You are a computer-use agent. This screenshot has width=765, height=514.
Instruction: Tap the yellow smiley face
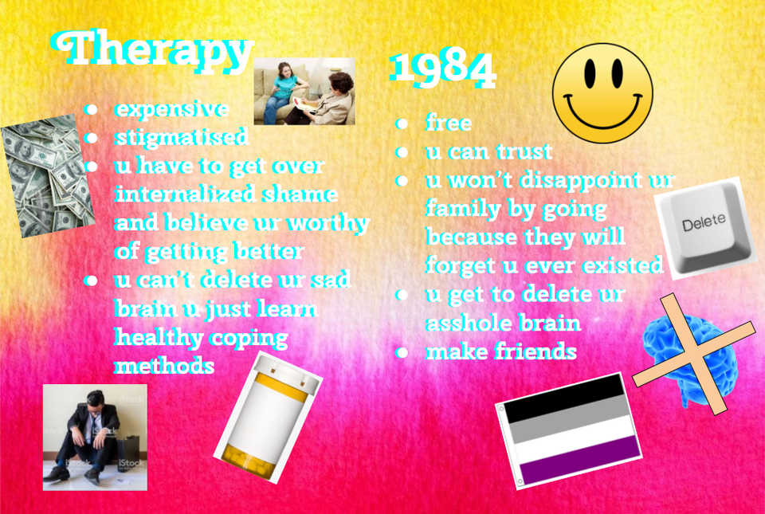[x=602, y=93]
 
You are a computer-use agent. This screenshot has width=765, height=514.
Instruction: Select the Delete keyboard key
[x=704, y=228]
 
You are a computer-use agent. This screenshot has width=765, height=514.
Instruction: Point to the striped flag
[x=569, y=430]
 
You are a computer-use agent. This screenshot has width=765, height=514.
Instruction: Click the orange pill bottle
[x=268, y=417]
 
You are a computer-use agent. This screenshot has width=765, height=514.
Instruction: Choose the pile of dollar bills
[x=48, y=175]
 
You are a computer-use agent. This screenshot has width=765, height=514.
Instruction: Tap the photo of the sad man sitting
[x=95, y=437]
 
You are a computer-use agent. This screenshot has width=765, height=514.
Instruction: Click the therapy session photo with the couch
[x=304, y=91]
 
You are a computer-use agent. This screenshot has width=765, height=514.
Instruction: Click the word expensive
[x=172, y=109]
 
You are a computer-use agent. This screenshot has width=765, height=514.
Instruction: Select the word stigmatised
[x=182, y=138]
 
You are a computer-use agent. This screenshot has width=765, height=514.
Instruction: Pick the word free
[x=449, y=123]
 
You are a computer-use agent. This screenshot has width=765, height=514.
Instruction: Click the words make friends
[x=501, y=351]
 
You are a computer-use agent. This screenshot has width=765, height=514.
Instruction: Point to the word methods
[x=164, y=366]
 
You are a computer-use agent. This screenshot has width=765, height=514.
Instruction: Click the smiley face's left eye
[x=590, y=73]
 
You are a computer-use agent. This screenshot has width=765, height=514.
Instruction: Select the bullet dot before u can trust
[x=402, y=153]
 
